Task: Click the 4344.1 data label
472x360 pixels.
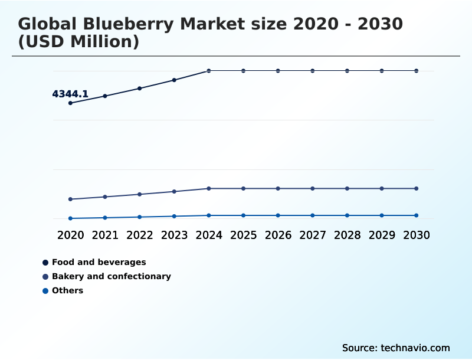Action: coord(70,94)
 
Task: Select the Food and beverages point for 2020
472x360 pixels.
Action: coord(70,103)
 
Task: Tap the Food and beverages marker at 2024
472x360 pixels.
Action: coord(209,71)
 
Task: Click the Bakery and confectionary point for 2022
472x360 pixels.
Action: coord(140,194)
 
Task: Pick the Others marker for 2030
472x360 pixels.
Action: coord(416,215)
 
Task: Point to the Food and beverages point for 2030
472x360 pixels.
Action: coord(416,71)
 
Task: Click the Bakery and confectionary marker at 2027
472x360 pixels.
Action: coord(313,188)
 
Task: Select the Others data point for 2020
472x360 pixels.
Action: coord(70,218)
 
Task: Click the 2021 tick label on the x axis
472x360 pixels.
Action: coord(105,235)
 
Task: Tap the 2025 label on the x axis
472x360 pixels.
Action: coord(243,235)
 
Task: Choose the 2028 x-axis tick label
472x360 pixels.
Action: coord(347,235)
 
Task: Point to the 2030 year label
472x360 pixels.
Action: coord(416,235)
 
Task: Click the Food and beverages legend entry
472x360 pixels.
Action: coord(99,262)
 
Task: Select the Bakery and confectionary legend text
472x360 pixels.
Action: coord(111,276)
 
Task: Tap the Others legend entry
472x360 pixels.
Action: coord(67,290)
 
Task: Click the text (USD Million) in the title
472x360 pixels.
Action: coord(78,42)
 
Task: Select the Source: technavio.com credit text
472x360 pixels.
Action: coord(396,348)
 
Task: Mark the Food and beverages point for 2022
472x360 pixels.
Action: coord(140,88)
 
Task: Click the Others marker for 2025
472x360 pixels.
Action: coord(243,215)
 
